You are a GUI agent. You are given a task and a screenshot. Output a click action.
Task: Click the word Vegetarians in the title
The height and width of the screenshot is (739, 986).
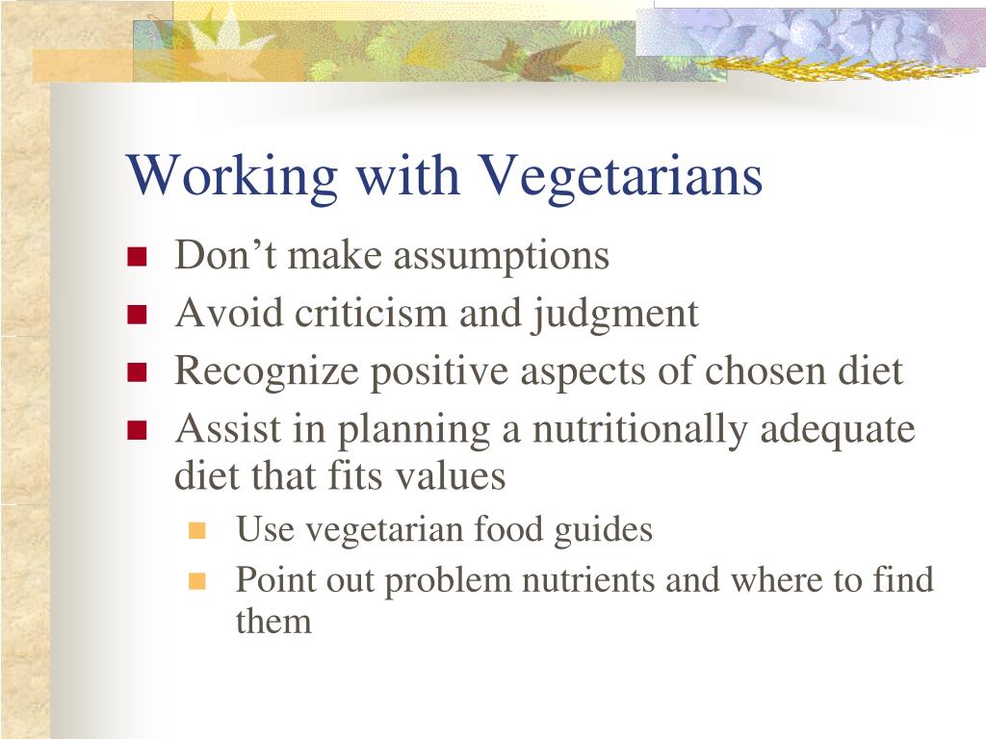pyautogui.click(x=619, y=178)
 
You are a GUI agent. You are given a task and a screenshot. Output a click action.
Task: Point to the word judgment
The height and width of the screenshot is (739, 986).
pyautogui.click(x=613, y=315)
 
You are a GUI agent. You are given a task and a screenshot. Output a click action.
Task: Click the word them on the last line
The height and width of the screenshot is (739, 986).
pyautogui.click(x=273, y=622)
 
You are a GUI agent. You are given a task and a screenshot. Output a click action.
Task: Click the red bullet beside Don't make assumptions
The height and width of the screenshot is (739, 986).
pyautogui.click(x=137, y=257)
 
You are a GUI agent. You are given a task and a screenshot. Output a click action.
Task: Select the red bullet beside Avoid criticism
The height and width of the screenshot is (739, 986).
pyautogui.click(x=137, y=315)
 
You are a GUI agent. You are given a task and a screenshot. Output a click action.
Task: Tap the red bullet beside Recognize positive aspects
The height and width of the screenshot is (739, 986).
pyautogui.click(x=137, y=372)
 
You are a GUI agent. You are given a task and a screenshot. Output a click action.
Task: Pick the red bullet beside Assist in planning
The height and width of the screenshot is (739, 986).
pyautogui.click(x=137, y=430)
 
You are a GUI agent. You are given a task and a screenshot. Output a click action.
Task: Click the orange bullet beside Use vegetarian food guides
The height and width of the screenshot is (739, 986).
pyautogui.click(x=198, y=530)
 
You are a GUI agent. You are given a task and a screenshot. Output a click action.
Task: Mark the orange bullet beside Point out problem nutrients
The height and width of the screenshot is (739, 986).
pyautogui.click(x=198, y=581)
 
